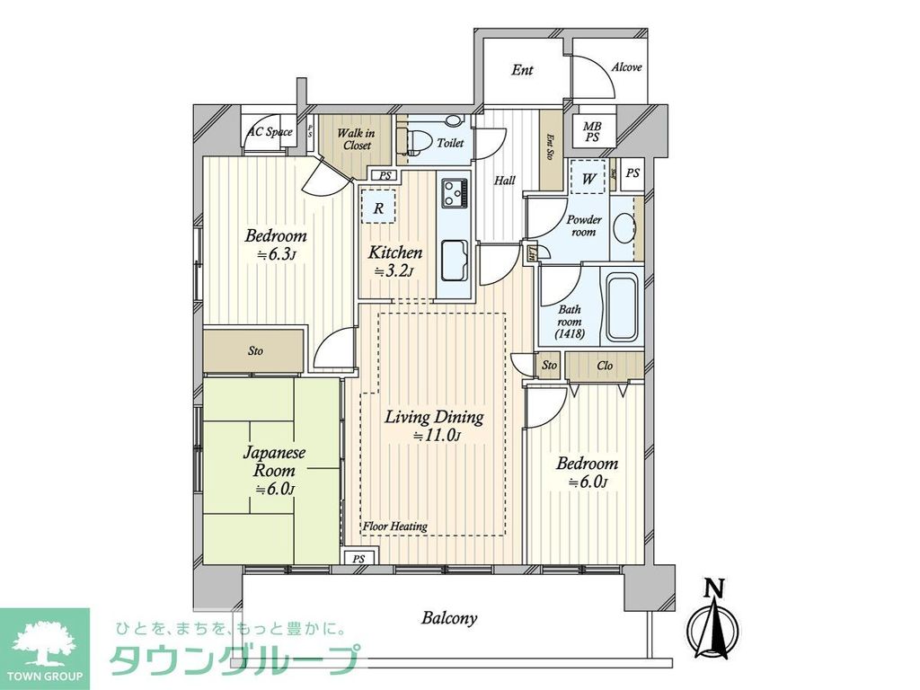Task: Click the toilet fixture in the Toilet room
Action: [x=419, y=143]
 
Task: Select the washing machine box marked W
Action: [x=588, y=178]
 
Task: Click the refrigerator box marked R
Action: [x=379, y=208]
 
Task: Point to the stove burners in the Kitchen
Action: [x=455, y=192]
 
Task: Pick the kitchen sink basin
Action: [x=456, y=262]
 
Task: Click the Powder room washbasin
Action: [x=623, y=228]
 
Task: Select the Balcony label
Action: [x=448, y=618]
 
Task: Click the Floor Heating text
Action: [x=395, y=526]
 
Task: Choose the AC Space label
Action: [x=270, y=132]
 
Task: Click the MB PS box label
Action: [x=592, y=132]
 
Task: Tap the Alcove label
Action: [x=626, y=67]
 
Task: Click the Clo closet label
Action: [x=605, y=366]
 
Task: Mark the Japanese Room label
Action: [x=274, y=463]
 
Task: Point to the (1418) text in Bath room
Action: [x=570, y=333]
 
